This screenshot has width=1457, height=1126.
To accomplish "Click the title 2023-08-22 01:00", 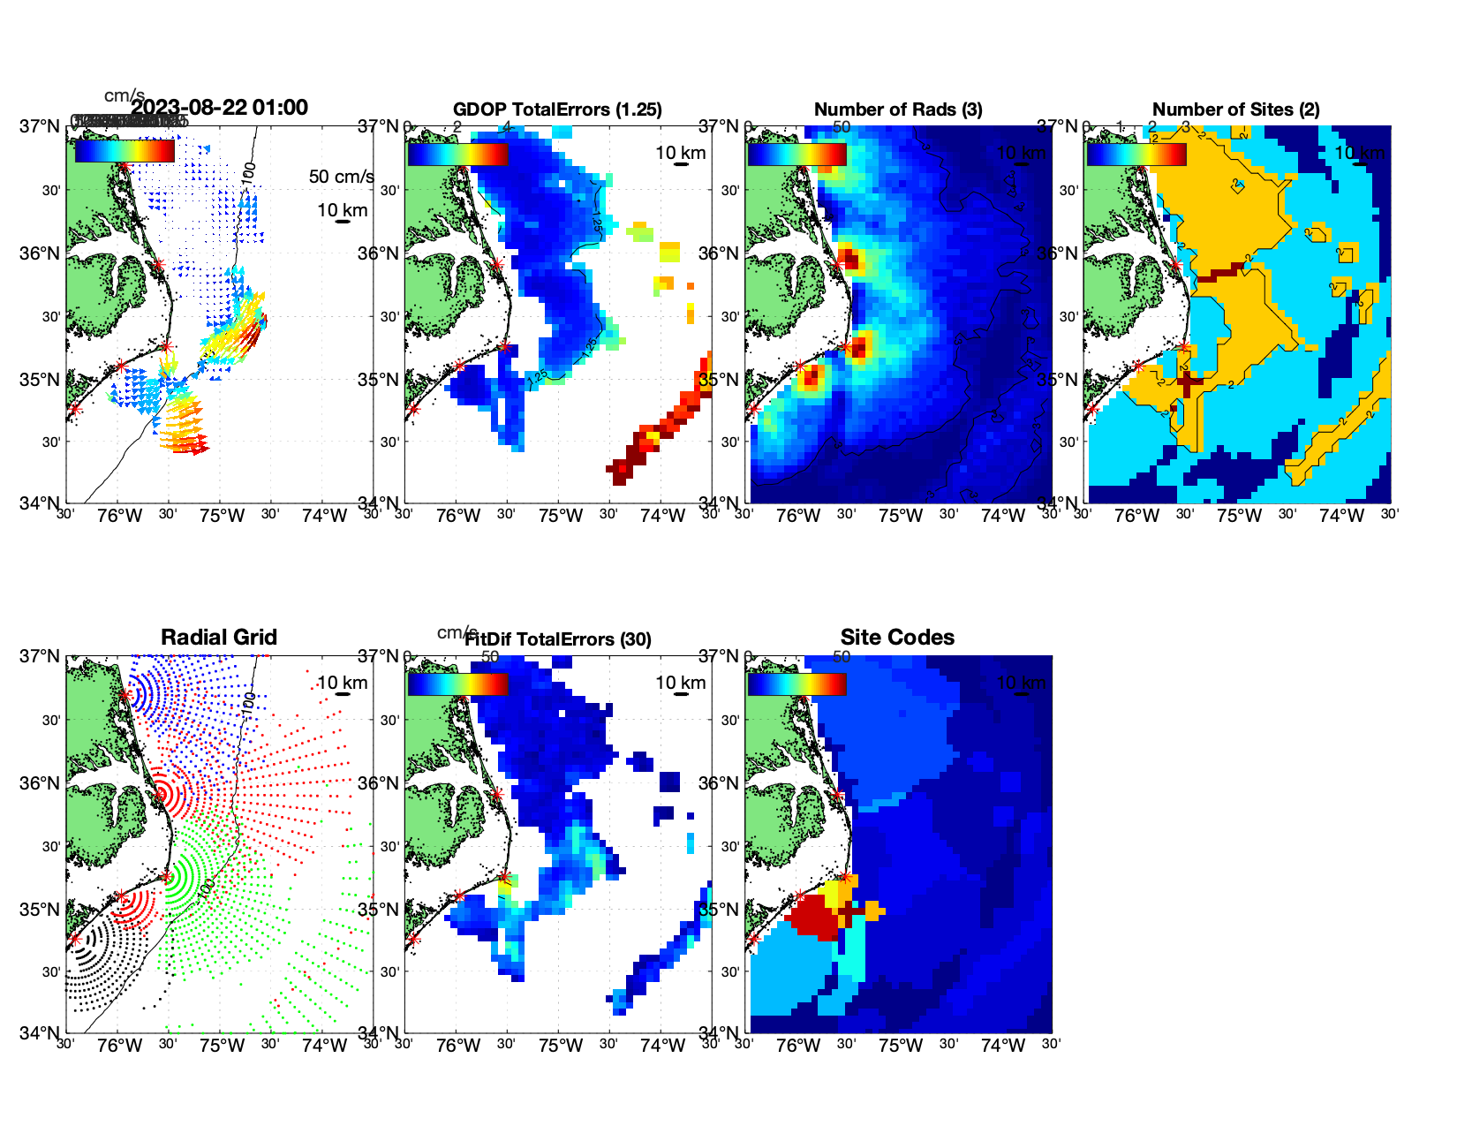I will click(219, 108).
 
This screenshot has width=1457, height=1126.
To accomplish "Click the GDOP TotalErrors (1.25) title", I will click(557, 110).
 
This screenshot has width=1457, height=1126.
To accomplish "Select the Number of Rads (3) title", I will click(898, 110).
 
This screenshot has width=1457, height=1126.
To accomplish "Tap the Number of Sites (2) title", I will click(1236, 110).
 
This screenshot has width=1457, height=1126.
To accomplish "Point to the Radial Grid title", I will click(219, 638).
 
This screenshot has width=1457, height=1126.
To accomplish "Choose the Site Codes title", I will click(897, 638).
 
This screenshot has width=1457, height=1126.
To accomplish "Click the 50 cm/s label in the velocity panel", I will click(341, 177).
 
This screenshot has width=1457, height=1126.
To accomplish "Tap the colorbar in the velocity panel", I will click(125, 152).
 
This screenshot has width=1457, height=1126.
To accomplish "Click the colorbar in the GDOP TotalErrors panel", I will click(457, 154).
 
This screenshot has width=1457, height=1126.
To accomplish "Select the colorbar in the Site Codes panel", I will click(796, 684).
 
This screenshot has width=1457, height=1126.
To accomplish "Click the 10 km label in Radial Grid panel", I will click(342, 683).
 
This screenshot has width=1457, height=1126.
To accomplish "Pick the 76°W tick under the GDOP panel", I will click(458, 516).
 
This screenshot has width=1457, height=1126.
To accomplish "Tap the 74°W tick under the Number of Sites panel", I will click(1340, 516).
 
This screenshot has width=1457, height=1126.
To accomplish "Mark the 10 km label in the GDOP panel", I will click(680, 153).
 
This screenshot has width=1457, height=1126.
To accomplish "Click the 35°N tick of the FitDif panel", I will click(378, 910).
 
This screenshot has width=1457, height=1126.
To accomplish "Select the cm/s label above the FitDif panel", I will click(457, 632).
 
